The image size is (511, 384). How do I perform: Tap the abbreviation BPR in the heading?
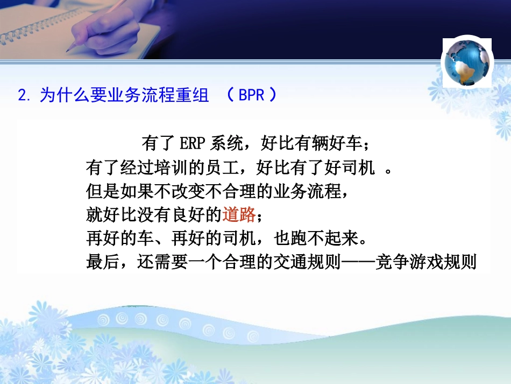(x=251, y=96)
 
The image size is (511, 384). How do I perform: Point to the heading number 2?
(x=23, y=96)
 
